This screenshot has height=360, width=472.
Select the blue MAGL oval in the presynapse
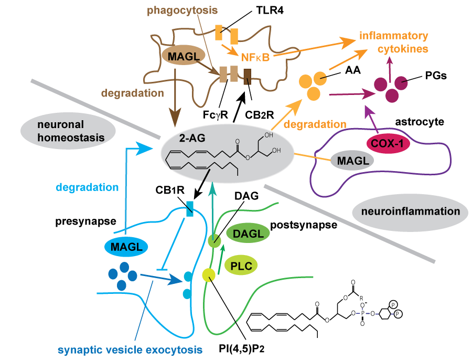point(125,246)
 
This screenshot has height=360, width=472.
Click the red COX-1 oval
point(388,142)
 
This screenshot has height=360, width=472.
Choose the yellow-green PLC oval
point(242,266)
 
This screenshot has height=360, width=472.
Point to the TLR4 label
point(274,11)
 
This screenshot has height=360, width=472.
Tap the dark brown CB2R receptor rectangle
point(248,77)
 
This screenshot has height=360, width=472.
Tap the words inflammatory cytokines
point(393,43)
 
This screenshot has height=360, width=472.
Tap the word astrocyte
point(419,122)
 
